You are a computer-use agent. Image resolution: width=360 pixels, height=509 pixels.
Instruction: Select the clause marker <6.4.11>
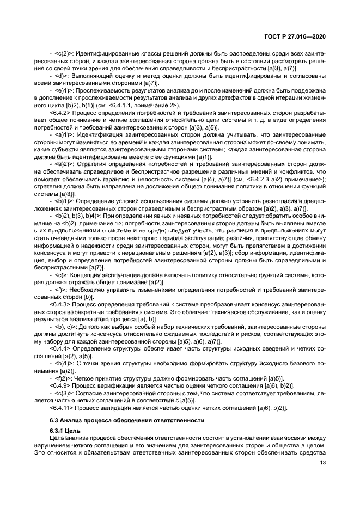click(61, 408)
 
